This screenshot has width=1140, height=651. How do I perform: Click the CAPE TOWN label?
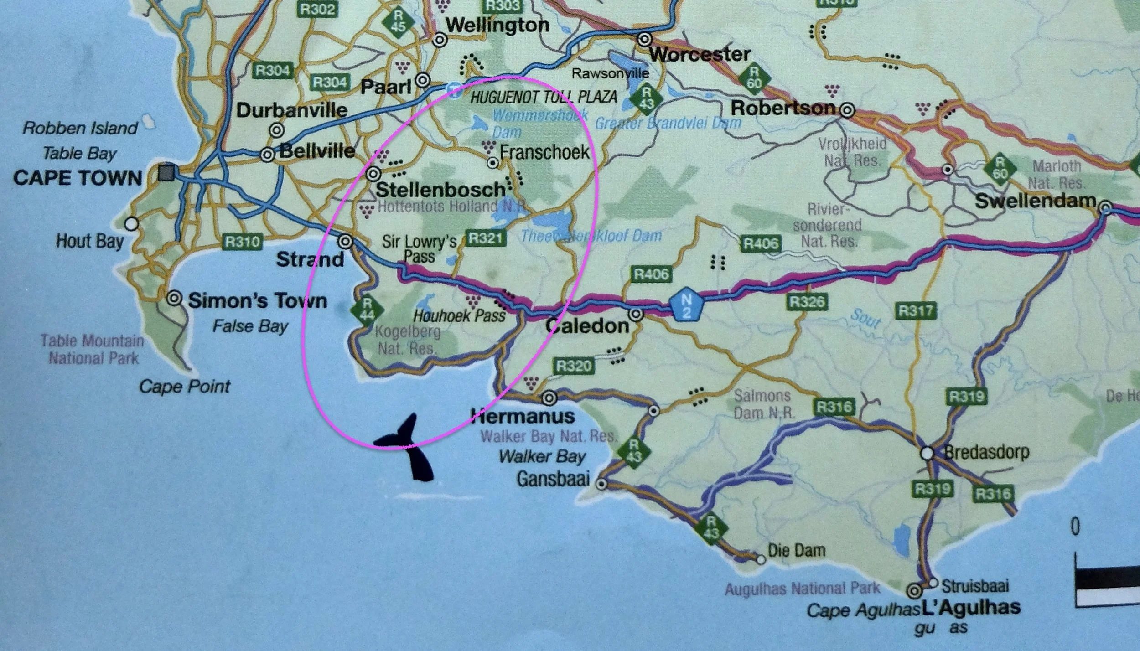78,178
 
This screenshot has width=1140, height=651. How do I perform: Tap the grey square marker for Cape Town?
167,173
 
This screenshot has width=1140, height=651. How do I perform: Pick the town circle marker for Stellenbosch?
374,174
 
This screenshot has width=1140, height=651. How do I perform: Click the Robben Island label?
80,128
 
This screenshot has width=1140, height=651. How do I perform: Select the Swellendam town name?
1035,201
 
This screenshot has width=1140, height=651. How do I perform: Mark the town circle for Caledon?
636,314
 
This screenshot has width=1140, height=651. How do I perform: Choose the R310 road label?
242,242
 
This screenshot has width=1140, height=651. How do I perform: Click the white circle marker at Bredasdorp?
927,454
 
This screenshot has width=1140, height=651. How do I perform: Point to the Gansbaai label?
553,479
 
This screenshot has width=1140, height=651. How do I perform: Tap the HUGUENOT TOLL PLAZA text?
544,97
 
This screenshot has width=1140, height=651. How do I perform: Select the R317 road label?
917,311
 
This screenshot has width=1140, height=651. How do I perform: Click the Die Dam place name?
796,550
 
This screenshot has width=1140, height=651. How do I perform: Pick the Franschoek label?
544,152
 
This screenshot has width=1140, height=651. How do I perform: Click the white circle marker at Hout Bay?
132,224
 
